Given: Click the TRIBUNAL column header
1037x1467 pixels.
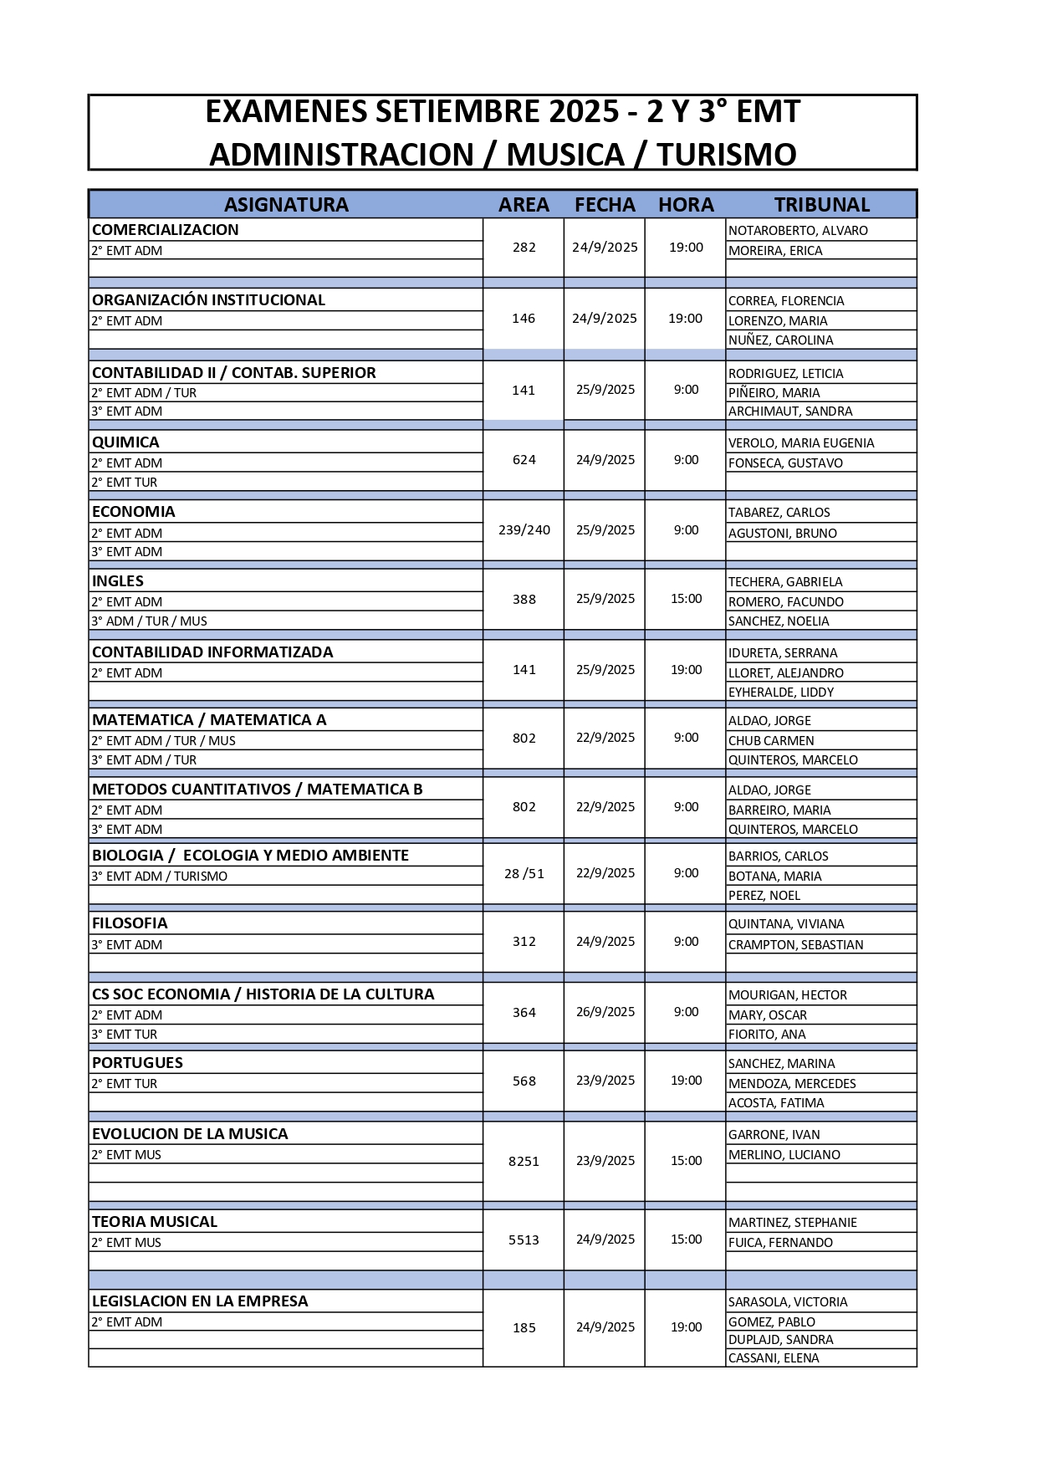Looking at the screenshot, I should coord(821,205).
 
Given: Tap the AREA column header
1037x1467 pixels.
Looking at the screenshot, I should coord(524,205).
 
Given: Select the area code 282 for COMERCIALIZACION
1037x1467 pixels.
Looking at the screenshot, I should coord(524,248).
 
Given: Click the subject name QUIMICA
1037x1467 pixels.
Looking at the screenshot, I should coord(125,442).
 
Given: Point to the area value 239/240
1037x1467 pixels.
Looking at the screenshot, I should coord(524,530).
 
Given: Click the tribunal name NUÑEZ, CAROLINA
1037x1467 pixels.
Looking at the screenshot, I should coord(780,340).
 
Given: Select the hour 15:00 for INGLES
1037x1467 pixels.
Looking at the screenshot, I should coord(686,599).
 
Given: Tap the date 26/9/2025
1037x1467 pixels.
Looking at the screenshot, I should coord(605,1012).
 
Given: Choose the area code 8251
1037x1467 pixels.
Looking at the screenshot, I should coord(524,1162).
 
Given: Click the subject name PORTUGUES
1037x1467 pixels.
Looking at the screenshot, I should coord(137,1063).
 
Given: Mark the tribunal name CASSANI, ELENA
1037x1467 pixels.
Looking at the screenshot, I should coord(774,1358).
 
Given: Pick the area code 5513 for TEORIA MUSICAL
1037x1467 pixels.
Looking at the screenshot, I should coord(524,1240).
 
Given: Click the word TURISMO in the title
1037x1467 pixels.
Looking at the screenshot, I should coord(726,155).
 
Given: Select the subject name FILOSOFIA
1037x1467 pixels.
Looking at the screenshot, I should coord(130,923).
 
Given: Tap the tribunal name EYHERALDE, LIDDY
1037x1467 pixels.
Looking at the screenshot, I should coord(781,693).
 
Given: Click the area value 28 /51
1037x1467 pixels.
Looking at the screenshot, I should coord(524,874).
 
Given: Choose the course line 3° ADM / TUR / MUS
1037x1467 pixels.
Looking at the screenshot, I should coord(150,621).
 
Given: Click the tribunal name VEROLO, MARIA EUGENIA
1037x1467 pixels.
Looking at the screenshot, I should coord(801,443).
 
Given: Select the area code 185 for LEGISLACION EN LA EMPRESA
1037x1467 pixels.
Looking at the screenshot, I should coord(524,1328).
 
